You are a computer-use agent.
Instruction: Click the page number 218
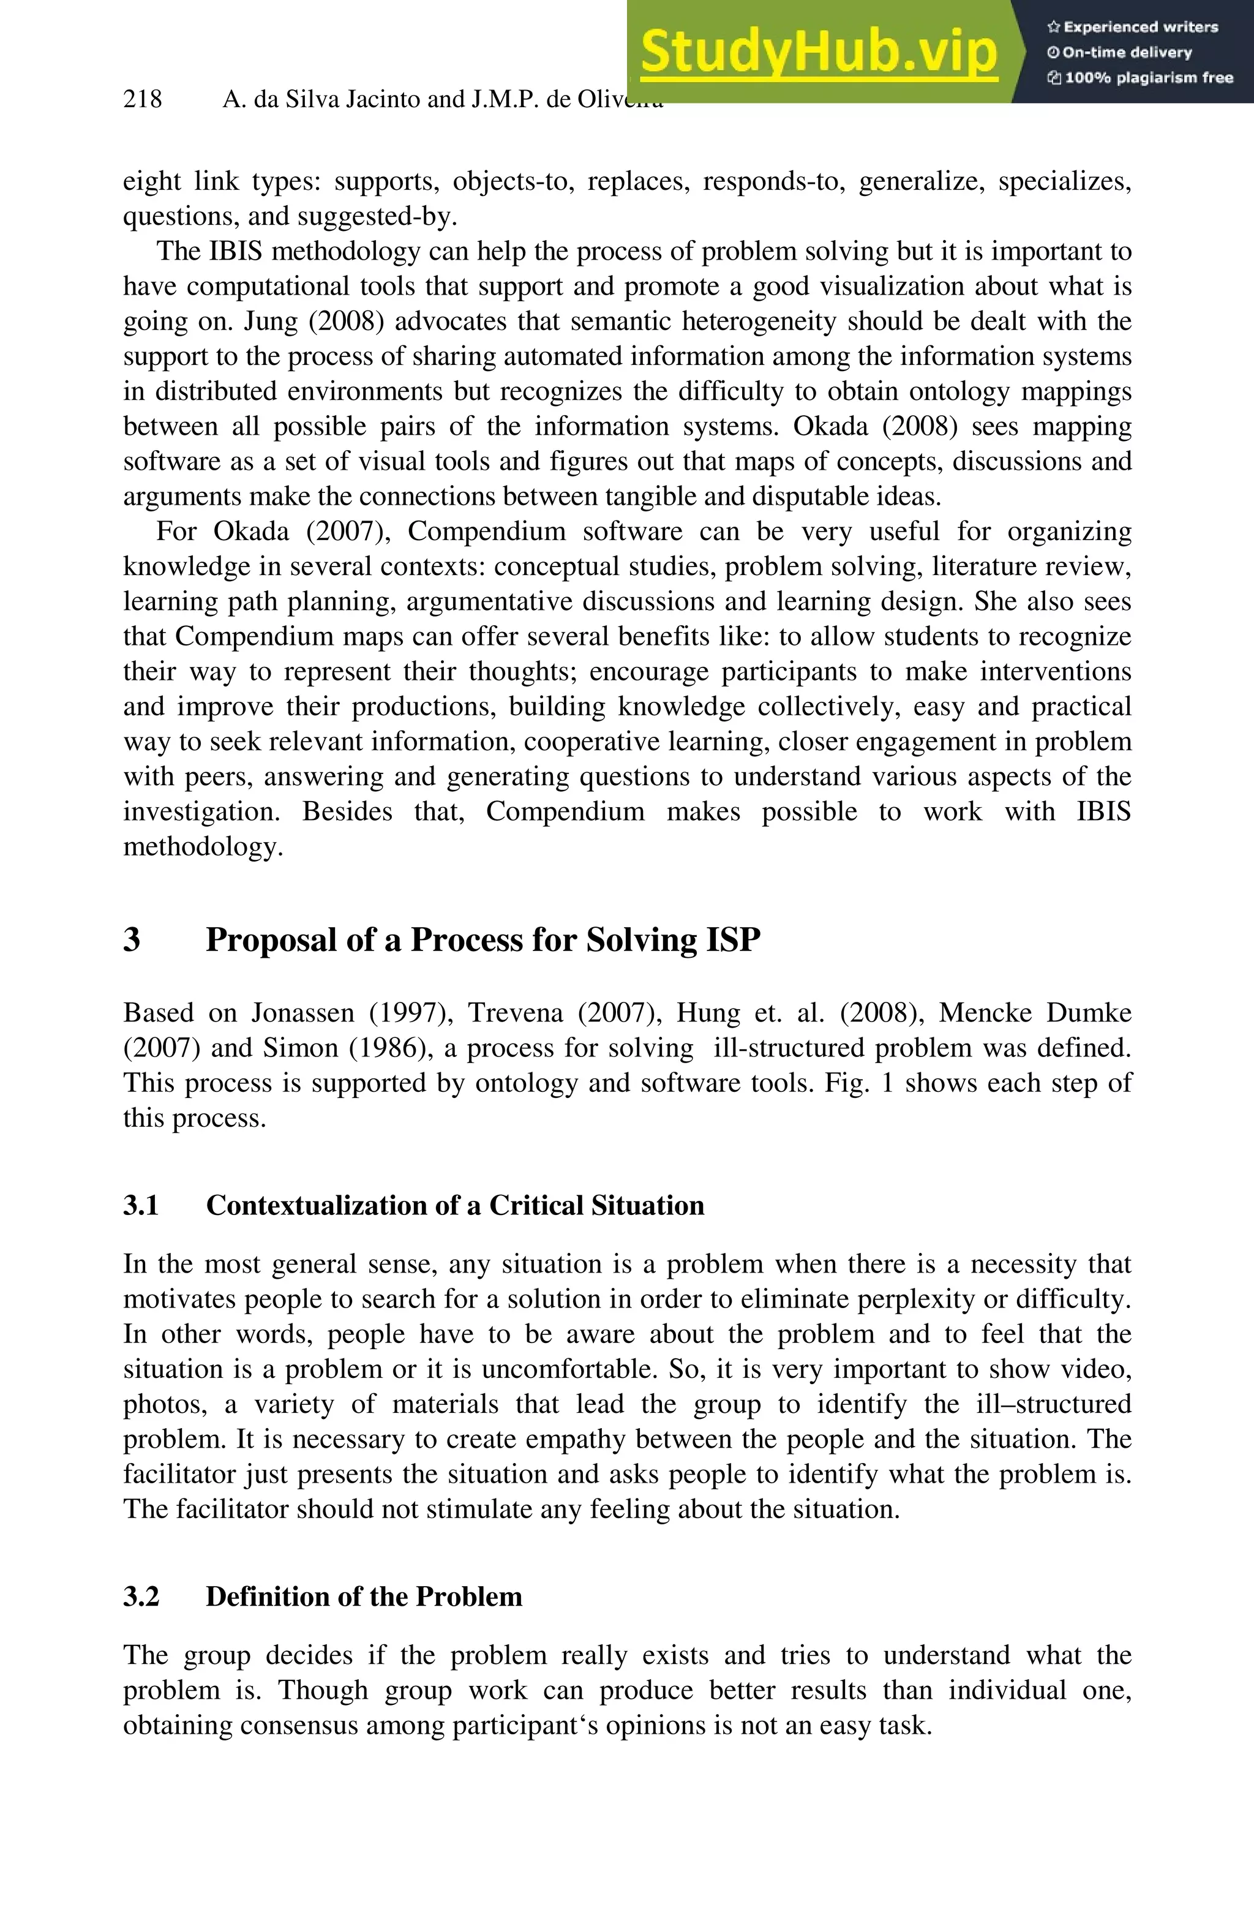[x=143, y=100]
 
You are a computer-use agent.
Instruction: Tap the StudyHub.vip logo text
[x=819, y=52]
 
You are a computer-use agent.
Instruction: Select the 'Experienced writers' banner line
[x=1133, y=27]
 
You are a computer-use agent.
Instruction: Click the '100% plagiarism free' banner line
[x=1140, y=78]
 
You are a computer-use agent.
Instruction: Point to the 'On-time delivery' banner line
[x=1120, y=53]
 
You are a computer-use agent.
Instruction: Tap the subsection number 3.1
[x=141, y=1205]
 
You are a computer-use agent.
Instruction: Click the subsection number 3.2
[x=141, y=1596]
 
